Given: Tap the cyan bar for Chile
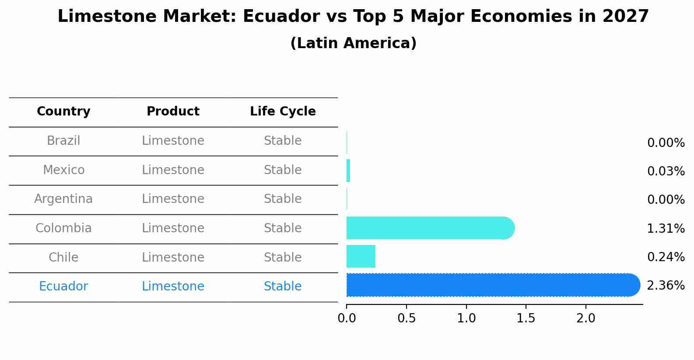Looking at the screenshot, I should click(361, 256).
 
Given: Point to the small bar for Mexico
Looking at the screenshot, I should click(348, 171).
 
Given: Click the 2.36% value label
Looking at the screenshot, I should click(666, 286).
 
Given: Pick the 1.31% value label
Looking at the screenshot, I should click(666, 228).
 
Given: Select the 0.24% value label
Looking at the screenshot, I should click(666, 257).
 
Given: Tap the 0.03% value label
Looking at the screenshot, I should click(666, 171).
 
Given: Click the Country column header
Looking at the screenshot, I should click(63, 112).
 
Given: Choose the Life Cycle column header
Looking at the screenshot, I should click(283, 112).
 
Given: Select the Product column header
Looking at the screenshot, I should click(173, 112).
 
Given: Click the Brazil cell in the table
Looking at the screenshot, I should click(63, 141).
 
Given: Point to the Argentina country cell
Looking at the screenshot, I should click(63, 199).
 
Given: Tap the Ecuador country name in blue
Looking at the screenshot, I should click(63, 287).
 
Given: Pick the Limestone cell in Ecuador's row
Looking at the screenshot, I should click(173, 287).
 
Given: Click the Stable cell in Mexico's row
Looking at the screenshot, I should click(283, 170).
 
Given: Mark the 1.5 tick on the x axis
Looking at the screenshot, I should click(526, 318).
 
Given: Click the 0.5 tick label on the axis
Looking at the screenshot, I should click(407, 318).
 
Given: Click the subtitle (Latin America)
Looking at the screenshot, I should click(353, 43).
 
